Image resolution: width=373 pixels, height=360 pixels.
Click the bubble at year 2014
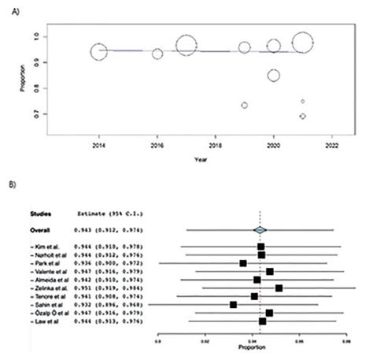(98, 52)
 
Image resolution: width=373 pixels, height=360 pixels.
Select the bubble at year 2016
(157, 54)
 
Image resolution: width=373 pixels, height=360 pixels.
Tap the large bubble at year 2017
(186, 46)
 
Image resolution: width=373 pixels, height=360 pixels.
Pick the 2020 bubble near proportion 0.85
(274, 76)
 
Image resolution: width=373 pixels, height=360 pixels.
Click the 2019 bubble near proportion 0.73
(245, 105)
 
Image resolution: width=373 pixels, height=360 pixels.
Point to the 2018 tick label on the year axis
(216, 147)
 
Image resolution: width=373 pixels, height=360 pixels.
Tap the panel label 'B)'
(11, 188)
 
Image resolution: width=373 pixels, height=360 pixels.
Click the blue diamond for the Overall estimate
(260, 229)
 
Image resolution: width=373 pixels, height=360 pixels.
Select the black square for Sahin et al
(233, 304)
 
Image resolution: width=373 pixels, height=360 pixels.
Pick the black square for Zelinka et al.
(279, 288)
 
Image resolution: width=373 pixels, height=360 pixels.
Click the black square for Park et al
(243, 263)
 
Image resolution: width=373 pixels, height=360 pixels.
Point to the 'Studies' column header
(40, 213)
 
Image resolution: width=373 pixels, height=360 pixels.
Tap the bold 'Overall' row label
(39, 229)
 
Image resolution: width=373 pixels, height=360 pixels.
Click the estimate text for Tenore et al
(106, 296)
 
